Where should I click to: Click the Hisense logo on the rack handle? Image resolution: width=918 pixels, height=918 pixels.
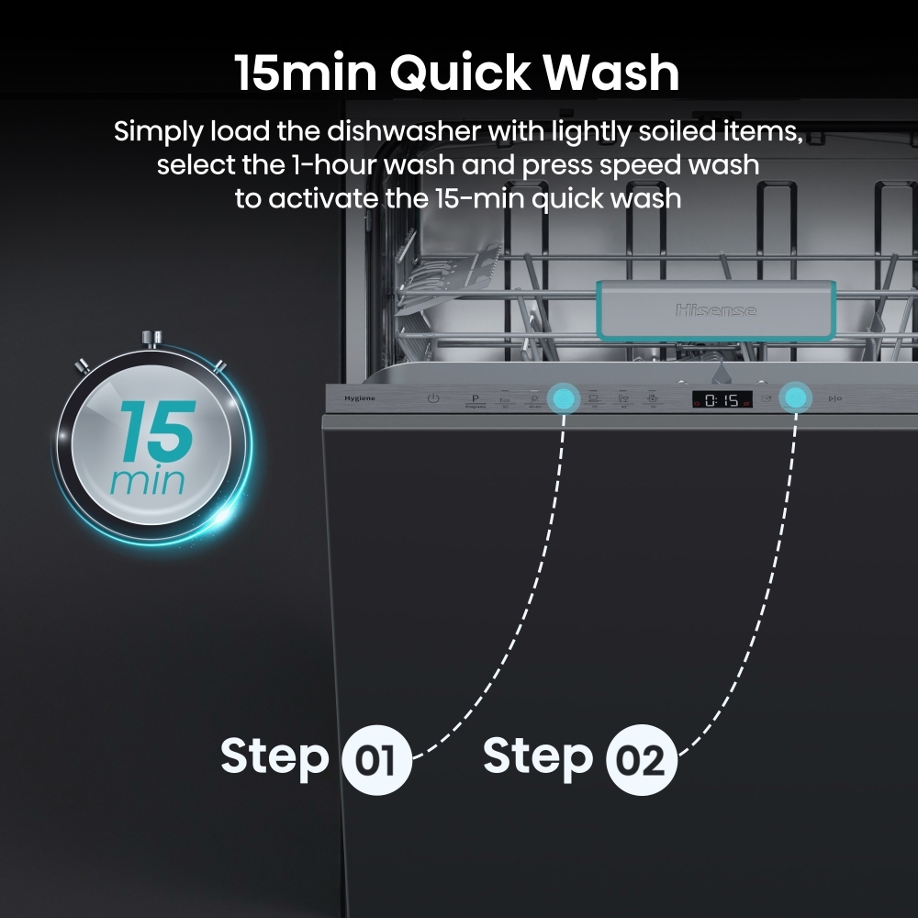(x=716, y=310)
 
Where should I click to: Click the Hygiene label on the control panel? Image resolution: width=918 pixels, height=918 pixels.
(x=355, y=398)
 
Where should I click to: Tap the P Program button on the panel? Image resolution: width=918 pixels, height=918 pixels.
(x=475, y=400)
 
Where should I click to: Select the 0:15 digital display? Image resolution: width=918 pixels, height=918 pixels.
(x=722, y=399)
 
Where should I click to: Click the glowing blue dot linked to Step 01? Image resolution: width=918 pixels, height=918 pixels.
(x=562, y=398)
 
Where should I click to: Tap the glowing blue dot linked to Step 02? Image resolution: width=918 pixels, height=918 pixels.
(x=795, y=398)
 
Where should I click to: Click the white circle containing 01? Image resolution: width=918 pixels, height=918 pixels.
(x=376, y=761)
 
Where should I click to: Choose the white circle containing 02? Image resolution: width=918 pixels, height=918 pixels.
(x=642, y=761)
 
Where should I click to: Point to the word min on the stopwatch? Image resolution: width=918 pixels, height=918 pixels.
(x=147, y=481)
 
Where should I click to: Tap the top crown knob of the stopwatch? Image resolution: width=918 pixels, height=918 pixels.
(x=153, y=338)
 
